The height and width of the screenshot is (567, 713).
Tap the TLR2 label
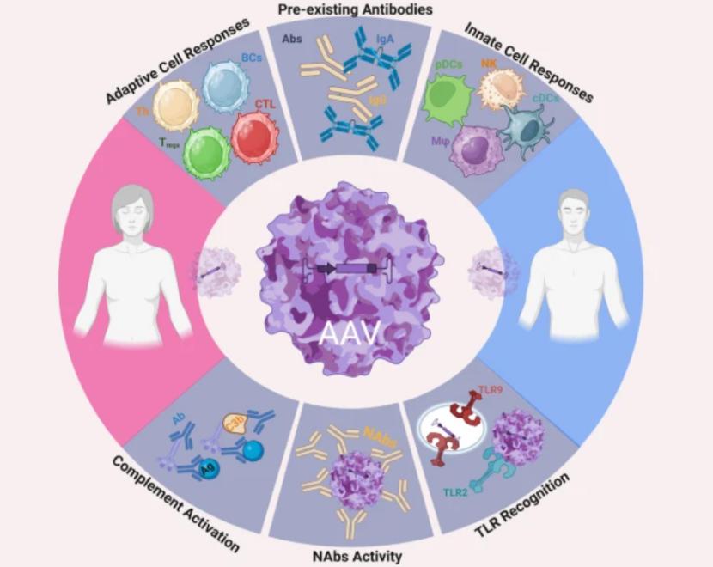tap(457, 491)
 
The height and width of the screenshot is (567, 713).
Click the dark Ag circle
tap(207, 467)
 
